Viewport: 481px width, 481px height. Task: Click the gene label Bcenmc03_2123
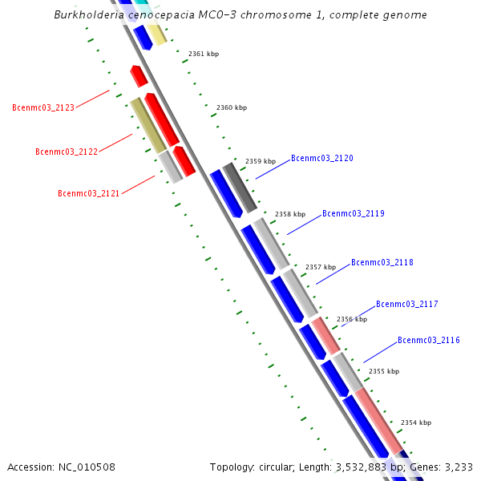click(43, 107)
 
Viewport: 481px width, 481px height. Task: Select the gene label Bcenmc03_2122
click(67, 152)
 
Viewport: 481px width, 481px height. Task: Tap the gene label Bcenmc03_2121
click(88, 193)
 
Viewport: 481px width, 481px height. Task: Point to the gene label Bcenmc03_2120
click(321, 159)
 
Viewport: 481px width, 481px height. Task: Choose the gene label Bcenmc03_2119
click(353, 214)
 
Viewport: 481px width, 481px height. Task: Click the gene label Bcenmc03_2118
click(382, 263)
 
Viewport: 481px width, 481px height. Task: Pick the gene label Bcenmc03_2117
click(406, 304)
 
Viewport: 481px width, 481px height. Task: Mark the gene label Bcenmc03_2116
click(428, 341)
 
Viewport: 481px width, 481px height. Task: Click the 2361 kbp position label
click(204, 55)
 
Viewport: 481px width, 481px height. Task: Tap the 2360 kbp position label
click(232, 107)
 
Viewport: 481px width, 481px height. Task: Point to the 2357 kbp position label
click(321, 267)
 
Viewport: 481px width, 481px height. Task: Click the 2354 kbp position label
click(416, 422)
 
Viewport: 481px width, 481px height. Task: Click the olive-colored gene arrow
click(148, 125)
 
